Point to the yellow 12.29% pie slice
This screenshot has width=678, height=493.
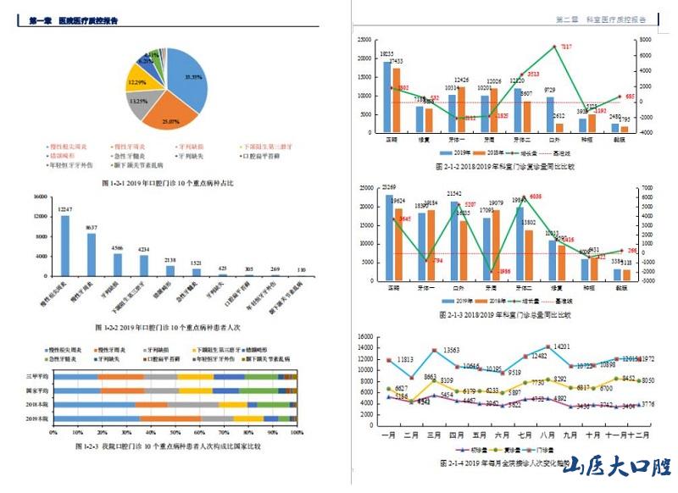coord(137,84)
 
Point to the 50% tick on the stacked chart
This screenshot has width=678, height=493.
coord(175,432)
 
